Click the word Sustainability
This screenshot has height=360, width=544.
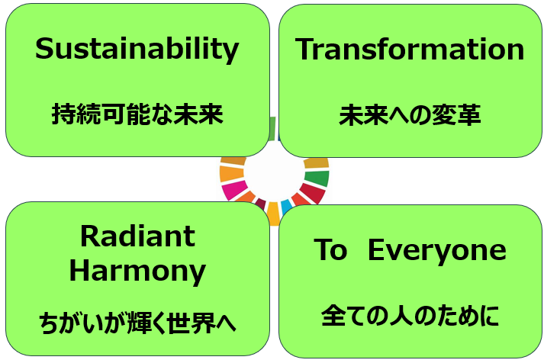[x=137, y=50]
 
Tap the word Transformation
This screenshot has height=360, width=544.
[x=410, y=50]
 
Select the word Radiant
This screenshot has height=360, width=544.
[x=138, y=236]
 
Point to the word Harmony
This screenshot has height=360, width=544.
[x=138, y=272]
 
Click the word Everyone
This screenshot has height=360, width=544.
[x=437, y=250]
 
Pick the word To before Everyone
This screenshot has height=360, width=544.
[x=330, y=249]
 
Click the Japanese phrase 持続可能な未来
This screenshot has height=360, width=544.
[x=137, y=114]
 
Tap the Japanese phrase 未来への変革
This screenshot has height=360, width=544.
[x=410, y=115]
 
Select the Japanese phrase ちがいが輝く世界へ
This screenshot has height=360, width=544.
[x=137, y=323]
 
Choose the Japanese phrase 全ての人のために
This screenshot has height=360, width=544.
[x=410, y=316]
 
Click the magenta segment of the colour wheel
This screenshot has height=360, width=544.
[x=235, y=190]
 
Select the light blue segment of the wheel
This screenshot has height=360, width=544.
[x=287, y=207]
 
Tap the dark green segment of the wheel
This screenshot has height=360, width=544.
[x=317, y=178]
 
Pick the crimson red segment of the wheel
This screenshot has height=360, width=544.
[x=313, y=193]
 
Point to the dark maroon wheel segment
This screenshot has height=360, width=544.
[x=260, y=203]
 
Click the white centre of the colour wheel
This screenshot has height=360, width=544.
[x=274, y=172]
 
